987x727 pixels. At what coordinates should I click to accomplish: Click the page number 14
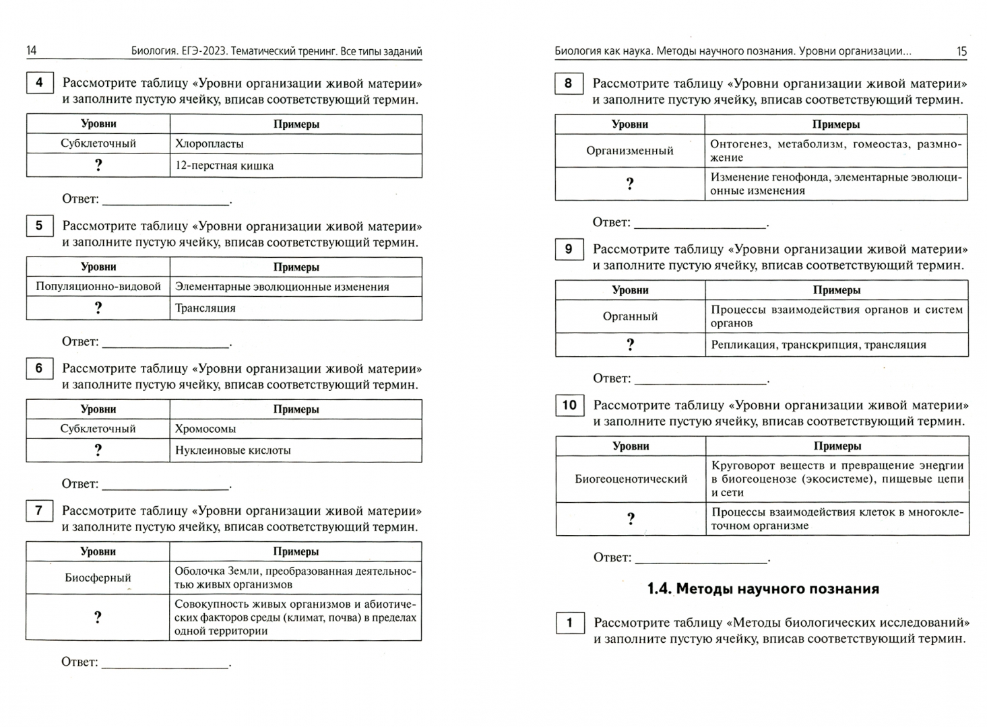(x=32, y=50)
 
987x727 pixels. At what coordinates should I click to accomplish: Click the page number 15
(x=961, y=51)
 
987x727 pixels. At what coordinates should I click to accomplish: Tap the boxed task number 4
(x=39, y=83)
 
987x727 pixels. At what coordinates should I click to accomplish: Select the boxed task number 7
(x=39, y=510)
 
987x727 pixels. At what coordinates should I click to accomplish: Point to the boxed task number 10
(x=569, y=405)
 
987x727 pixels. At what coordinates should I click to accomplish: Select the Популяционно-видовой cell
(x=98, y=287)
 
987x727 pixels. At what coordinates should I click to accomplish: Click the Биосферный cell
(x=98, y=578)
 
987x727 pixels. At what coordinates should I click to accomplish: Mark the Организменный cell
(x=630, y=151)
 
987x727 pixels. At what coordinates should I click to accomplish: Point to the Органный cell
(x=631, y=316)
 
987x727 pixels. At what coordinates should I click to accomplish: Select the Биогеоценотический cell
(x=631, y=479)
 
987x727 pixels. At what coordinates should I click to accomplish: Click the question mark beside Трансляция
(x=98, y=308)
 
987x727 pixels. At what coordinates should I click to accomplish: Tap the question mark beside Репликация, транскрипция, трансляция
(x=631, y=345)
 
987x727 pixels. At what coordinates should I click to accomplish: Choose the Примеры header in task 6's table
(x=296, y=409)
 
